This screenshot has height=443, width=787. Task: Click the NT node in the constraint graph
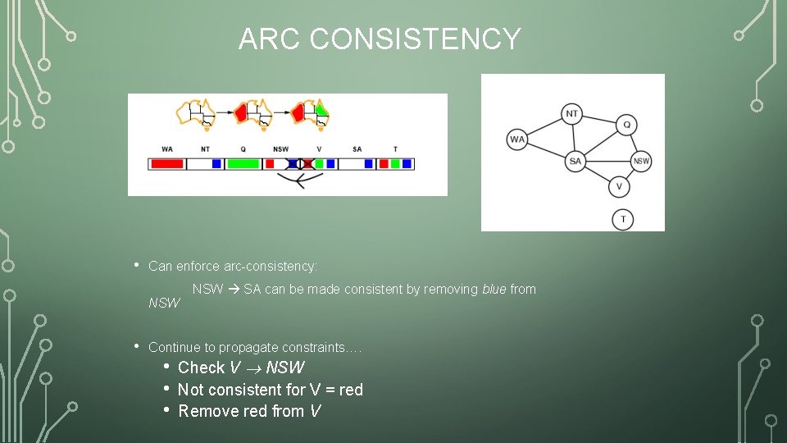572,114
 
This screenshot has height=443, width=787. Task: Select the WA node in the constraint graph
517,139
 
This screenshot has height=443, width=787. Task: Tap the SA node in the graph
575,161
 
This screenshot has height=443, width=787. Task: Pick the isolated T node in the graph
622,219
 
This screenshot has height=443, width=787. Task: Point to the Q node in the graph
626,125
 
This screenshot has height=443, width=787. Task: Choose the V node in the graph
619,186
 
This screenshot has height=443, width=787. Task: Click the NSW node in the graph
641,161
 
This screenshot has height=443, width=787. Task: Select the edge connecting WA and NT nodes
544,126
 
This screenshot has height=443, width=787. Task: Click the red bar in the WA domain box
167,164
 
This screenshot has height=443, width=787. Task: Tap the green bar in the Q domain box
243,164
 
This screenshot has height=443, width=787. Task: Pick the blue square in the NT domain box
216,164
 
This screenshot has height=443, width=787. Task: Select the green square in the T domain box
395,164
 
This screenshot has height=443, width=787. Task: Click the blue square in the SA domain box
369,164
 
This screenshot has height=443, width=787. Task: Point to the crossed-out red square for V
307,164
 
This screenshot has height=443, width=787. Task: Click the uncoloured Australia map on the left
200,114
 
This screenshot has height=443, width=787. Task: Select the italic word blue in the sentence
494,289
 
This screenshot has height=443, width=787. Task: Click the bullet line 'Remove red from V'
248,411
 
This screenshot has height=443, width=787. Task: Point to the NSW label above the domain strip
280,149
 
